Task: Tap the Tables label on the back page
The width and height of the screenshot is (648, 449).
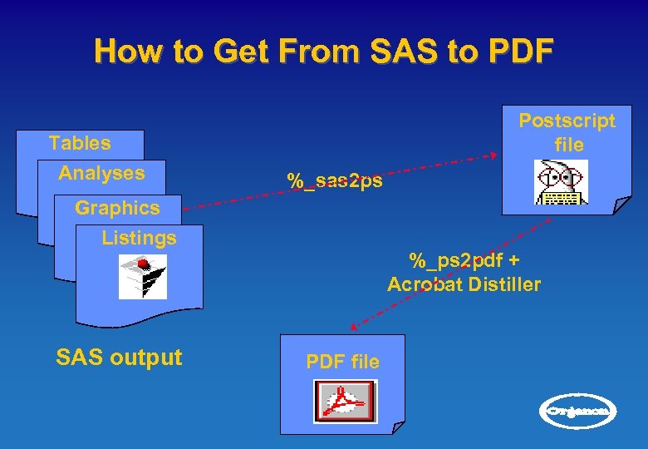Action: (x=80, y=143)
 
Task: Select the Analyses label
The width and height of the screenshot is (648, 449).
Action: (x=101, y=173)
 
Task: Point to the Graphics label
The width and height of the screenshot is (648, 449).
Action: (x=117, y=207)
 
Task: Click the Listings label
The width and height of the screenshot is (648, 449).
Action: (x=139, y=238)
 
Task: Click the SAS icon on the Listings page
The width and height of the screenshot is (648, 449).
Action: (x=142, y=276)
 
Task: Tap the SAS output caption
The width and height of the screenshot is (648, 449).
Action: (x=119, y=358)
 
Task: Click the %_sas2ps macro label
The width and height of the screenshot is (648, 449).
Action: (x=335, y=180)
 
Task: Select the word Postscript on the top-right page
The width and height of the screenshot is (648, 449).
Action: (x=567, y=121)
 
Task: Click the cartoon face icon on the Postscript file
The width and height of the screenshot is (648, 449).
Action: (x=561, y=182)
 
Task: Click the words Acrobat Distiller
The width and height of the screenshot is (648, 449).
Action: (x=464, y=284)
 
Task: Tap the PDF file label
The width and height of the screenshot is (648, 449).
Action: (x=343, y=362)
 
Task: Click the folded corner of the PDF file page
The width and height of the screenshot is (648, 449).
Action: (x=398, y=427)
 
